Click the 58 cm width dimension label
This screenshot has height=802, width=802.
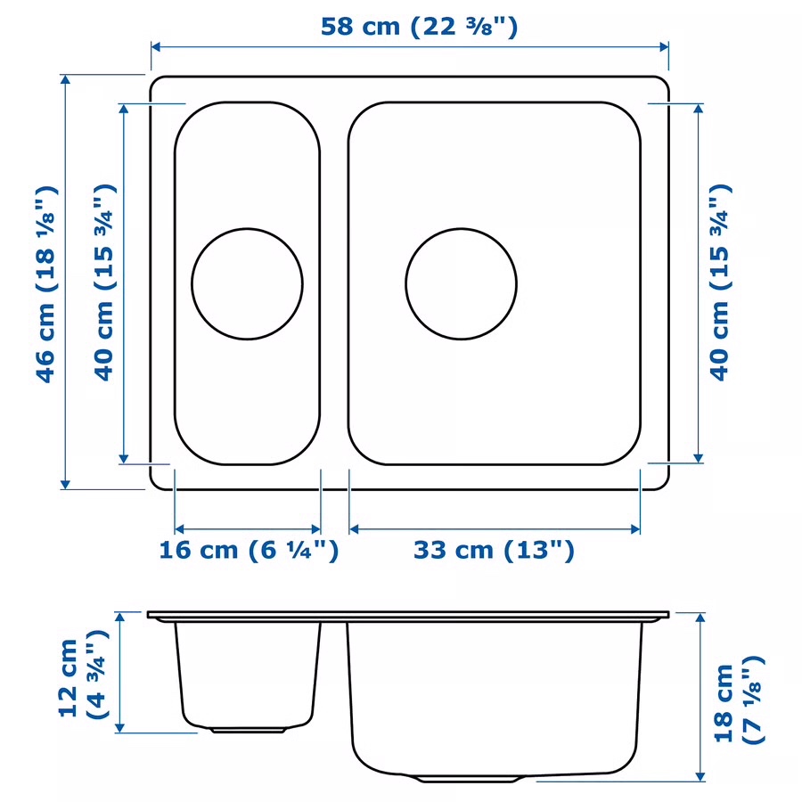click(419, 27)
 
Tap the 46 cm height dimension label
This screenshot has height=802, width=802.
click(45, 284)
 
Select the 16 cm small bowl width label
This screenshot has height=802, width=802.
click(249, 551)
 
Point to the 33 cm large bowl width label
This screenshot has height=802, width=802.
click(494, 551)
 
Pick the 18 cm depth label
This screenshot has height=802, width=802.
click(739, 700)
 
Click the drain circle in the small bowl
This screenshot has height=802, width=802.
click(247, 284)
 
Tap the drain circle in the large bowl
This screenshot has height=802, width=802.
click(462, 284)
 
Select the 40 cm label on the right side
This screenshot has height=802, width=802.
click(720, 282)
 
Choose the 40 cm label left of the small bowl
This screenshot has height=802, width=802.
click(105, 282)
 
